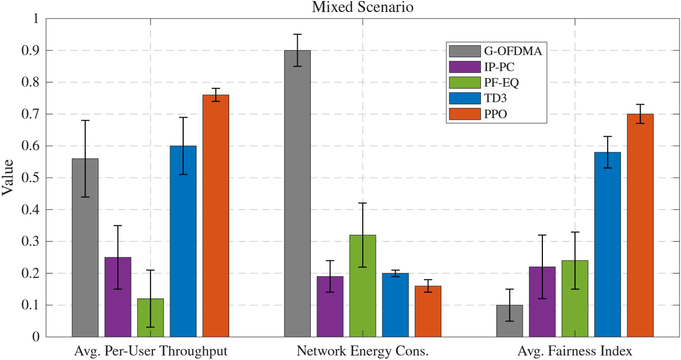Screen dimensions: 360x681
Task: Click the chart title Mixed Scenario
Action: (x=363, y=8)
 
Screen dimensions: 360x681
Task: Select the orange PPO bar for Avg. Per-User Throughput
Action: (x=216, y=215)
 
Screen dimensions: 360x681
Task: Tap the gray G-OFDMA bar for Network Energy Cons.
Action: (x=297, y=193)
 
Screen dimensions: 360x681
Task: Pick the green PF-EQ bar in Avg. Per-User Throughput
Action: (x=151, y=317)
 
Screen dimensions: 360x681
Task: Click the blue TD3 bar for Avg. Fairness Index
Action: (x=607, y=244)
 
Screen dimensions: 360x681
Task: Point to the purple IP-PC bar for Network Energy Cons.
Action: (x=330, y=306)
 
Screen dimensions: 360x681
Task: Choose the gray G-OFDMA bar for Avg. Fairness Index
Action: (x=509, y=320)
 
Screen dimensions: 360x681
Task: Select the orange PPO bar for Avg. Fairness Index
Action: (x=640, y=225)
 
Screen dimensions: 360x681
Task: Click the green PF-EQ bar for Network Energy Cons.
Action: (x=363, y=285)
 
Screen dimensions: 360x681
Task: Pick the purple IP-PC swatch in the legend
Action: (x=464, y=67)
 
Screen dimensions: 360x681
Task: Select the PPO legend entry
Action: (x=495, y=115)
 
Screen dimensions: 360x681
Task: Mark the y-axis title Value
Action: (x=9, y=178)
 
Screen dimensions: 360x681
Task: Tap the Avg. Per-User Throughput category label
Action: (x=150, y=351)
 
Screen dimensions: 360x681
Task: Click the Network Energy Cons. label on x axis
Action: (x=363, y=351)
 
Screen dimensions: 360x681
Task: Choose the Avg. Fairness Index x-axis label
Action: (x=575, y=351)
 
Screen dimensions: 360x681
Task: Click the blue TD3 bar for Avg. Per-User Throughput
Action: (x=183, y=241)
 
